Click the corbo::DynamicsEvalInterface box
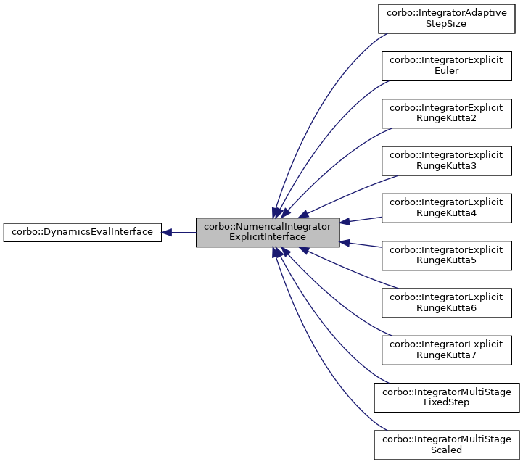pos(82,232)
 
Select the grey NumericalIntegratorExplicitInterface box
pos(268,232)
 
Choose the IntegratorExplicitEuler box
pos(446,66)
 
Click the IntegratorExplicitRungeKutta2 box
pos(446,113)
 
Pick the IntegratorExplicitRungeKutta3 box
pos(446,160)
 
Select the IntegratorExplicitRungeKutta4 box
pos(446,207)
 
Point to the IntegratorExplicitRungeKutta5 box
pos(446,254)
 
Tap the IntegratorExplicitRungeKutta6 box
pos(446,302)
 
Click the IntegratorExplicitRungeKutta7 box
pos(446,349)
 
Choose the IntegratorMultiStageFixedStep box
pos(446,397)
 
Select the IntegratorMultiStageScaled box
pos(446,444)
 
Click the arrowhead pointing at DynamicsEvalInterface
pos(167,232)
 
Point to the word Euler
pos(446,71)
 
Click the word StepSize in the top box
pos(446,24)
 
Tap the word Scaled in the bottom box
pos(446,449)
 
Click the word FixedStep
pos(446,402)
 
